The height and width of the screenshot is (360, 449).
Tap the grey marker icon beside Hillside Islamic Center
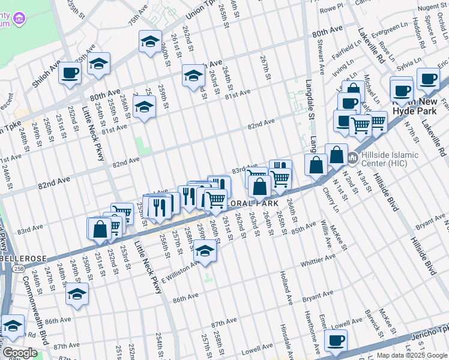point(353,158)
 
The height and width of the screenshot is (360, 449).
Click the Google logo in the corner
point(20,353)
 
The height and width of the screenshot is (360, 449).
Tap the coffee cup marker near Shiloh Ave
point(70,74)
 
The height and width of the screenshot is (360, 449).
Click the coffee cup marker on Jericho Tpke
point(336,340)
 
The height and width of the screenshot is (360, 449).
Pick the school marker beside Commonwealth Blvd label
point(77,293)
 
